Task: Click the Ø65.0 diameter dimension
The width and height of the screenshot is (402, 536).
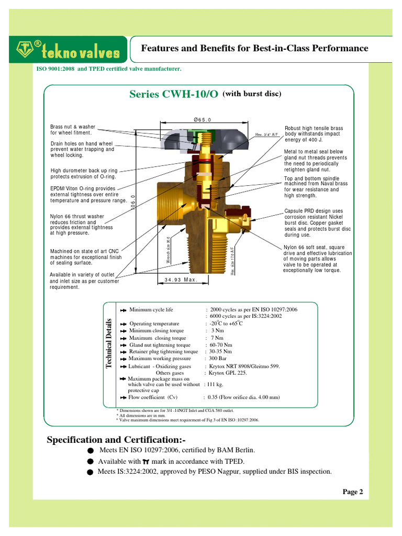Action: pyautogui.click(x=202, y=120)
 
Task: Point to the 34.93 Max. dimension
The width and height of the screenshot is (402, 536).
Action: pyautogui.click(x=180, y=280)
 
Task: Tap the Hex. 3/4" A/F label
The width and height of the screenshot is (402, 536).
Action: pyautogui.click(x=266, y=135)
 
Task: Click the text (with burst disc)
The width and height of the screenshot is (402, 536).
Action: pyautogui.click(x=252, y=94)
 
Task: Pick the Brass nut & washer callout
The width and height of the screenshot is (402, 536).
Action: pyautogui.click(x=73, y=130)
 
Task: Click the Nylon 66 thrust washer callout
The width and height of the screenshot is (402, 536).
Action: pyautogui.click(x=77, y=225)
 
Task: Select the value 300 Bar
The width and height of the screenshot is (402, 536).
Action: pyautogui.click(x=218, y=359)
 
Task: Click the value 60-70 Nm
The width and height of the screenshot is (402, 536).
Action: pyautogui.click(x=221, y=345)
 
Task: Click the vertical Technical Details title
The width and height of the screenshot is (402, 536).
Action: pyautogui.click(x=109, y=343)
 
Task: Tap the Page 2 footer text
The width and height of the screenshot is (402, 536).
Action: pyautogui.click(x=352, y=492)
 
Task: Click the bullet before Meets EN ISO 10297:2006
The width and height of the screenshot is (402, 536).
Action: pyautogui.click(x=90, y=451)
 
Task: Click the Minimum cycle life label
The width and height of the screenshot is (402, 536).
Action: pyautogui.click(x=151, y=310)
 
